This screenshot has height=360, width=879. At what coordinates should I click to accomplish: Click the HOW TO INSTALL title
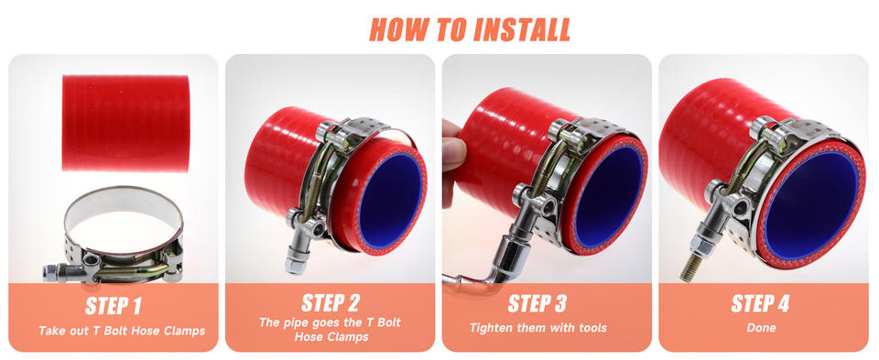[470, 29]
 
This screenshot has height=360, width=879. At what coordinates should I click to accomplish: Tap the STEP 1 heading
[114, 306]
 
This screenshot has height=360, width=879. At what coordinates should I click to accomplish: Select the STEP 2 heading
[331, 303]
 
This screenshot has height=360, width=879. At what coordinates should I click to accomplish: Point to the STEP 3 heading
[537, 303]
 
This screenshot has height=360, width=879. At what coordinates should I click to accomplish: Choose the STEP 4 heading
[760, 303]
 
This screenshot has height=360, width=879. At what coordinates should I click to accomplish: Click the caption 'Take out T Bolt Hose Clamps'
[122, 331]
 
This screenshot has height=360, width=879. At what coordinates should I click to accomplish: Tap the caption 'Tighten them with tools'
[538, 328]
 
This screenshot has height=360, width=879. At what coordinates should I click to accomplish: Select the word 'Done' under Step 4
[761, 328]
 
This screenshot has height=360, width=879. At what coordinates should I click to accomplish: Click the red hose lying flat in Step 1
[125, 124]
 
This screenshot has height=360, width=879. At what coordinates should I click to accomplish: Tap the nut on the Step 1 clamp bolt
[50, 273]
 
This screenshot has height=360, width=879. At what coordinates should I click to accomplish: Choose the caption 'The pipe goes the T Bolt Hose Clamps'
[331, 329]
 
